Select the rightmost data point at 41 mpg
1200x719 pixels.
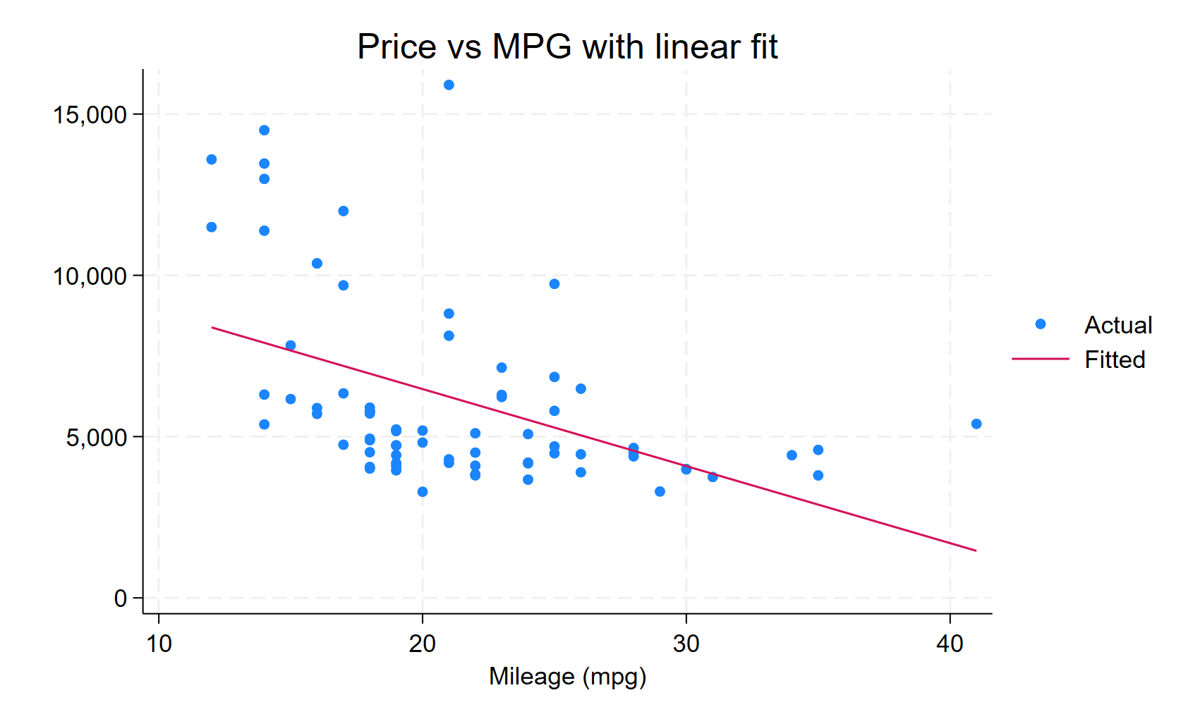[x=976, y=424]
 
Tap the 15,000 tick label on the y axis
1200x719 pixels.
[x=90, y=115]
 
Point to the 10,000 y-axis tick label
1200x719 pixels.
[x=90, y=276]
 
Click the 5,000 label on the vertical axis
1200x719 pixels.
[x=96, y=438]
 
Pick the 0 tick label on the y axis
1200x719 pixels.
[x=120, y=599]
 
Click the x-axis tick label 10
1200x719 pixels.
[x=159, y=644]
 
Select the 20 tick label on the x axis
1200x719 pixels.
[x=423, y=644]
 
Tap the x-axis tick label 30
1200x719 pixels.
[x=686, y=644]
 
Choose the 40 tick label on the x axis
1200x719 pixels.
[x=950, y=644]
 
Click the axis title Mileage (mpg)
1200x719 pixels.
[x=567, y=677]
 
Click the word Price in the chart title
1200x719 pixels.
[x=396, y=47]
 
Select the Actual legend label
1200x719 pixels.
[x=1118, y=325]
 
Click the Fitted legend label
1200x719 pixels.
[x=1115, y=359]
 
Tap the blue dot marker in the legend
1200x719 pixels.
[x=1041, y=324]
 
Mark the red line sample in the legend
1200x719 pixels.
[x=1041, y=359]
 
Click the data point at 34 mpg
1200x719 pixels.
[x=792, y=455]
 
